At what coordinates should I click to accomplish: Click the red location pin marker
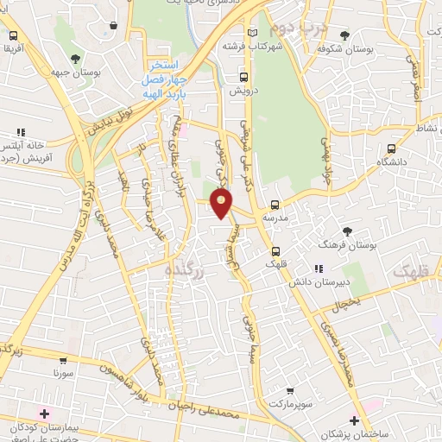coord(223,204)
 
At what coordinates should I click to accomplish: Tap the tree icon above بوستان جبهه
coord(76,59)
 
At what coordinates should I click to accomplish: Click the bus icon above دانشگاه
coord(392,148)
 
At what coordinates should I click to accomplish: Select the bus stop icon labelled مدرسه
coord(275,205)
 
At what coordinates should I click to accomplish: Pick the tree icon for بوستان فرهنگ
coord(348,231)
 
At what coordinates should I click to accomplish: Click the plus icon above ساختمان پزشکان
coord(353,420)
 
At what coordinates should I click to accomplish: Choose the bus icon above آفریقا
coord(14,36)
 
